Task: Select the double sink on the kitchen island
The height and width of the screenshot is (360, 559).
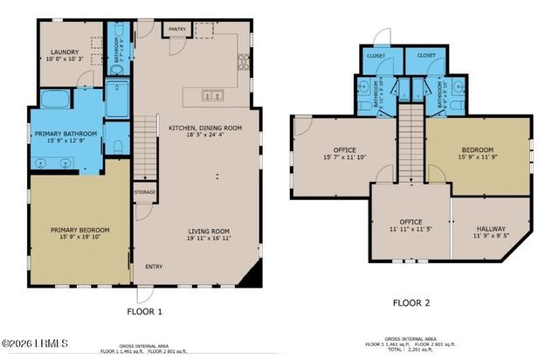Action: [x=210, y=95]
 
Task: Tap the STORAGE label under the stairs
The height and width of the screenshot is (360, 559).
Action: [x=145, y=191]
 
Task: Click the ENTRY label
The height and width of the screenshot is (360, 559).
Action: [x=154, y=267]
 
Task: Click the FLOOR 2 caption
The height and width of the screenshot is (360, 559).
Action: [x=411, y=303]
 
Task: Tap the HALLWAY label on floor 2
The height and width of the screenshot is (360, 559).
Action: [x=490, y=229]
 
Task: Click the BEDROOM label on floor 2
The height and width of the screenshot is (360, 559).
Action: [x=478, y=149]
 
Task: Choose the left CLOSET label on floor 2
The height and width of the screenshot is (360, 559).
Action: [x=377, y=55]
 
